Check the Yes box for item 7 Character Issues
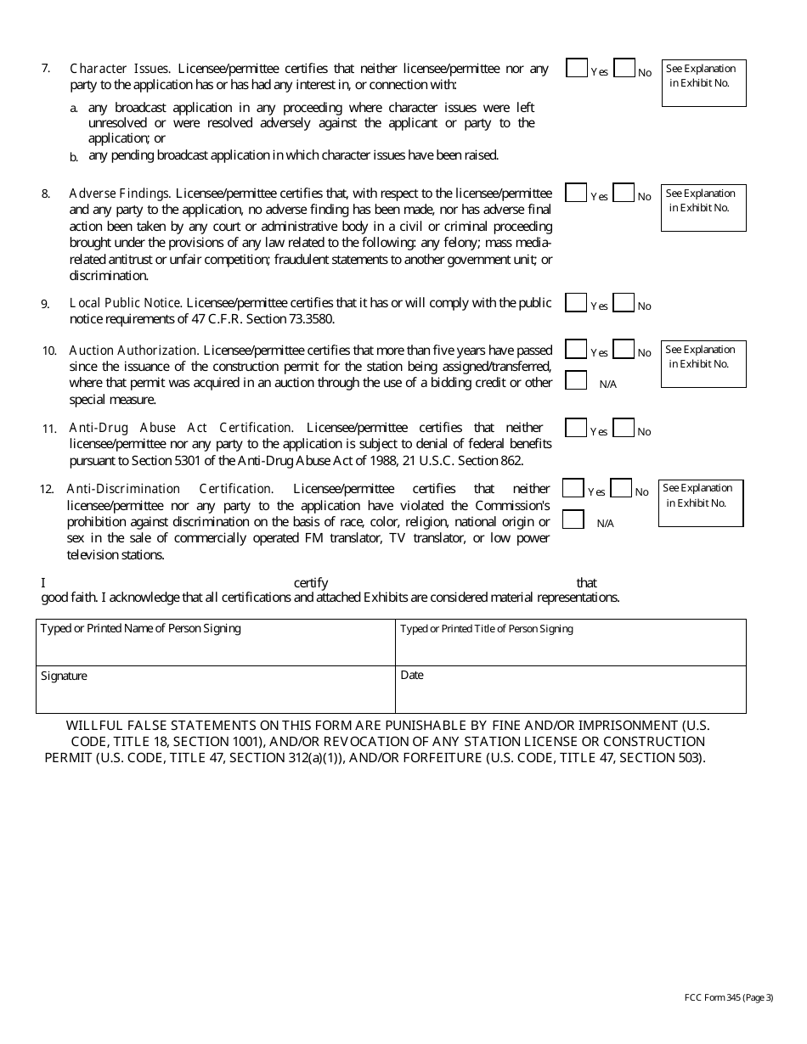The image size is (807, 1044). [577, 69]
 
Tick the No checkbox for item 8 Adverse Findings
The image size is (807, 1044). [624, 194]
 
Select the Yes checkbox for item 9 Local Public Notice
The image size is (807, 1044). [576, 303]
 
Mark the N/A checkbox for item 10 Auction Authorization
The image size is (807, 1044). [576, 380]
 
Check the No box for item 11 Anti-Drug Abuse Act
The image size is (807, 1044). [624, 429]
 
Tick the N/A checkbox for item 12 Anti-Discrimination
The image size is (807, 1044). [573, 519]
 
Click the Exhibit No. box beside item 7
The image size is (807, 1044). [703, 83]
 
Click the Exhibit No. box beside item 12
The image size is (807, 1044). [701, 503]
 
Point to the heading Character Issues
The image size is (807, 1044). [120, 69]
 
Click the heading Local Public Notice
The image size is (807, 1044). [125, 303]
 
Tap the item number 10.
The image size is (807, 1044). [49, 351]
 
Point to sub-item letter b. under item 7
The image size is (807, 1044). [74, 157]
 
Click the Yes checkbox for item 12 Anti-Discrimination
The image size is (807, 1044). [573, 489]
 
